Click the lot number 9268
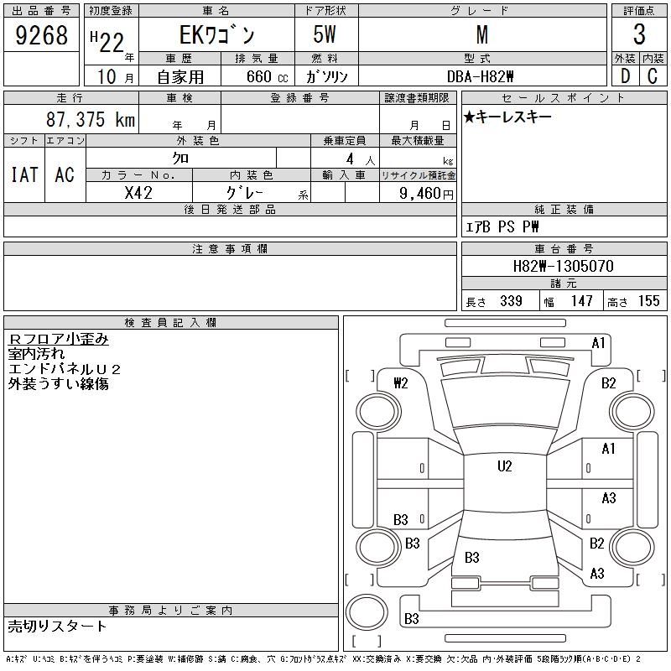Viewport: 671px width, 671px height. coord(42,35)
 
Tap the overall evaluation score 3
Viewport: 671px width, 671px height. coord(639,35)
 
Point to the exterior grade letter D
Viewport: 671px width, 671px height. coord(625,75)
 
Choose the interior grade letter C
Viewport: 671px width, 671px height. coord(653,75)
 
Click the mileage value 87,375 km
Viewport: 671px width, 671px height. coord(91,120)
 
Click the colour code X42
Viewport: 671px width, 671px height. coord(138,192)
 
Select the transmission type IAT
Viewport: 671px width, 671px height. coord(24,174)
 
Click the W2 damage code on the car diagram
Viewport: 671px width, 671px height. coord(401,383)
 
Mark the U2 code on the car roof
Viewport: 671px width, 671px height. coord(504,466)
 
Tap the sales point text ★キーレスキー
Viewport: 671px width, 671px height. coord(508,117)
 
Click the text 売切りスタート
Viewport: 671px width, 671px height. coord(58,626)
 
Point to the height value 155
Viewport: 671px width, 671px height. coord(648,301)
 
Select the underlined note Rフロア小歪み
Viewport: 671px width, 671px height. coord(58,339)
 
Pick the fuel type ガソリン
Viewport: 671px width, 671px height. coord(326,76)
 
